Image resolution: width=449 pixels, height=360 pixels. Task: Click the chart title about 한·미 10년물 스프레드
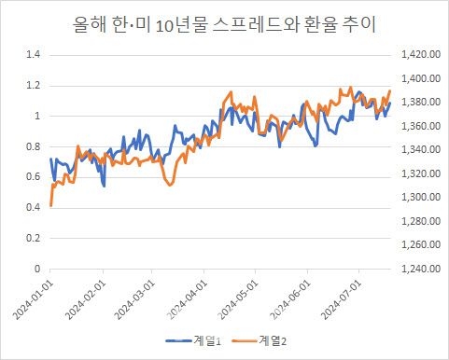(x=224, y=24)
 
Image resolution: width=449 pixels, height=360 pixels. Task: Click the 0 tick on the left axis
(x=38, y=269)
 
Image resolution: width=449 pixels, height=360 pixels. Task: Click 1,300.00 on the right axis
(x=416, y=198)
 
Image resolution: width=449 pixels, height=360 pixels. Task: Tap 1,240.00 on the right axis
(x=416, y=269)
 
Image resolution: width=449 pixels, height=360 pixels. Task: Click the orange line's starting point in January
(x=50, y=205)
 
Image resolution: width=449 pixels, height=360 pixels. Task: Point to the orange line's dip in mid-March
(x=170, y=185)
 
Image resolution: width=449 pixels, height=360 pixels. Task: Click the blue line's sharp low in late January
(x=104, y=186)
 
